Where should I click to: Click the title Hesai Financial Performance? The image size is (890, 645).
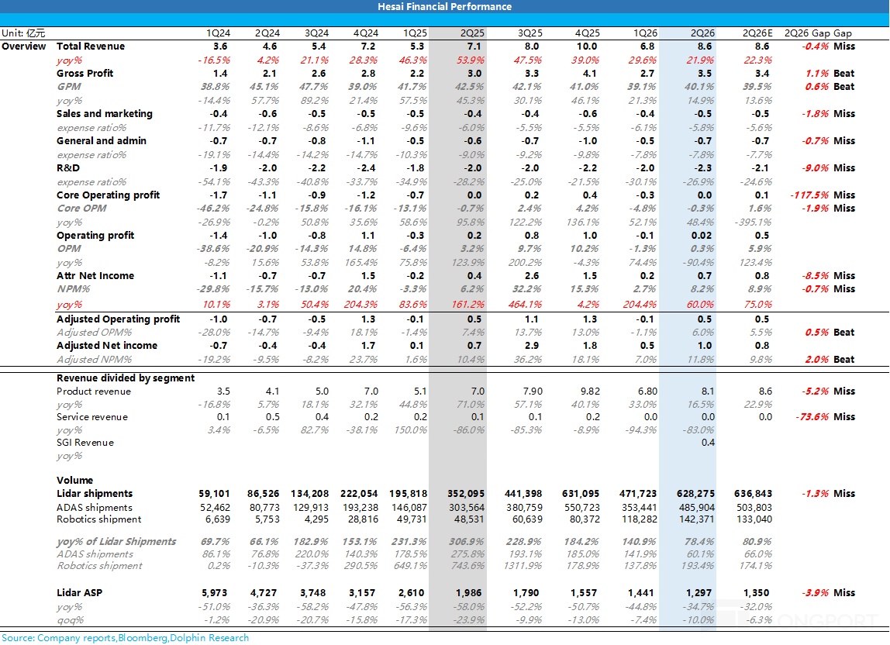pyautogui.click(x=444, y=7)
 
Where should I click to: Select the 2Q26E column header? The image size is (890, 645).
pyautogui.click(x=757, y=33)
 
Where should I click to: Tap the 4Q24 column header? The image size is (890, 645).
pyautogui.click(x=366, y=33)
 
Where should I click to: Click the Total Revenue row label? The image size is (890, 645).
pyautogui.click(x=91, y=47)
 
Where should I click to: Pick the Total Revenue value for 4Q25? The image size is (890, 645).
pyautogui.click(x=587, y=47)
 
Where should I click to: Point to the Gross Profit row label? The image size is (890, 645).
pyautogui.click(x=85, y=73)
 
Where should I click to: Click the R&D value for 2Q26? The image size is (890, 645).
pyautogui.click(x=704, y=168)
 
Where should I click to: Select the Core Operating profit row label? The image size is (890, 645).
pyautogui.click(x=109, y=195)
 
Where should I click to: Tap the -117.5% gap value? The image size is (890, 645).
pyautogui.click(x=809, y=195)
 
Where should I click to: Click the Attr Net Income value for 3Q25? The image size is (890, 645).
pyautogui.click(x=533, y=276)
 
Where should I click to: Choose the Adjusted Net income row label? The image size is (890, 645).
pyautogui.click(x=107, y=346)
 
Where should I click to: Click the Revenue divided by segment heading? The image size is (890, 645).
pyautogui.click(x=126, y=378)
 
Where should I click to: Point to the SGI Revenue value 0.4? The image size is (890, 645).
pyautogui.click(x=708, y=443)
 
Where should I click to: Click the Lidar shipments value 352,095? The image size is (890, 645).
pyautogui.click(x=466, y=494)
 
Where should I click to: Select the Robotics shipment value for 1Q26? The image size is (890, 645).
pyautogui.click(x=639, y=519)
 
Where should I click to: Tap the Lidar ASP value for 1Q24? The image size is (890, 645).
pyautogui.click(x=215, y=593)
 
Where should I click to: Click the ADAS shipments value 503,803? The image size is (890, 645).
pyautogui.click(x=754, y=508)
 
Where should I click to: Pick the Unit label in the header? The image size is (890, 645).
pyautogui.click(x=22, y=33)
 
